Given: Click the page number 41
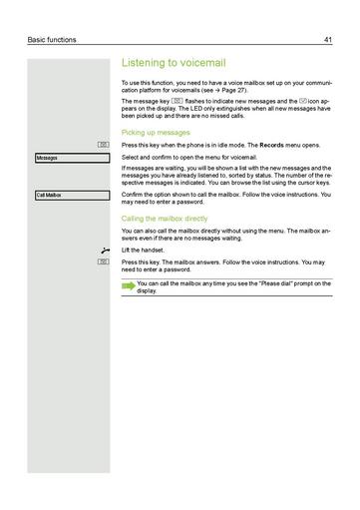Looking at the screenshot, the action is click(x=327, y=40).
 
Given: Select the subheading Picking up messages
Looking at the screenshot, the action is click(x=156, y=132).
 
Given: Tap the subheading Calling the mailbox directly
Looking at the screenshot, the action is click(x=165, y=217).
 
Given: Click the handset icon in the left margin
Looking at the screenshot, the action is click(x=104, y=251).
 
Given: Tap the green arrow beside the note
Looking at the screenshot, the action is click(x=128, y=285).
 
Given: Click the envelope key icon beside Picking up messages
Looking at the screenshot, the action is click(x=104, y=146).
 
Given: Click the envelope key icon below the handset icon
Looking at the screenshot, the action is click(x=104, y=261).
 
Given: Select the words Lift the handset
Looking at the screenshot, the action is click(x=145, y=251).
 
